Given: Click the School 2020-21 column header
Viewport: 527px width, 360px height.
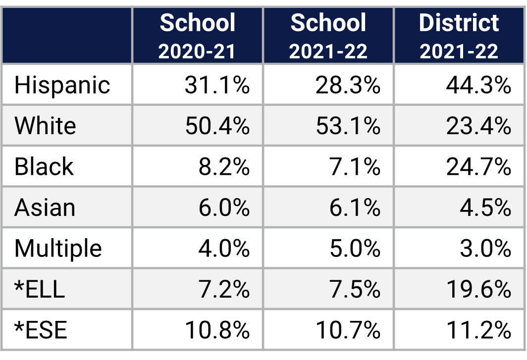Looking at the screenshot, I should (x=197, y=36).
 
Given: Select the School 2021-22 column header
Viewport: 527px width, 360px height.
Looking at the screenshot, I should (x=328, y=36).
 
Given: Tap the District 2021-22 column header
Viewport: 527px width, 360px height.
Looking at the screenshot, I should (x=459, y=36).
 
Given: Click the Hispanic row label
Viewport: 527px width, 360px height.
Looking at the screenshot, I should (x=62, y=85).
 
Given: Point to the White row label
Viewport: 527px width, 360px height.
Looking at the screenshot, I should (x=45, y=126).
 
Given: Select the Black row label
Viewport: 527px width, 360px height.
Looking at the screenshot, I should (x=44, y=167).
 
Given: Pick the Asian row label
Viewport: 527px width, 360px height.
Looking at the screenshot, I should (x=45, y=207).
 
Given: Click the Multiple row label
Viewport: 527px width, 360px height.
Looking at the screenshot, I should (x=58, y=248).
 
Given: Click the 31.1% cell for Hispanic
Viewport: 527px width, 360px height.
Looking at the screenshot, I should (x=217, y=85).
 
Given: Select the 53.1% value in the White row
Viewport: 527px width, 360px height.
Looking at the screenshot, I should (x=348, y=126).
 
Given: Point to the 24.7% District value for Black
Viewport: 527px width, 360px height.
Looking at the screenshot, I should (x=478, y=167).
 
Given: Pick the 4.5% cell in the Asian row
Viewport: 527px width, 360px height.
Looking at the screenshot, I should (x=485, y=207).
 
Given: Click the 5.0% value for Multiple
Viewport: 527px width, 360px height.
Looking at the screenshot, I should (x=355, y=248).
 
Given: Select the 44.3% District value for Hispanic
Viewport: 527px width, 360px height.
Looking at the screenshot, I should (x=478, y=85).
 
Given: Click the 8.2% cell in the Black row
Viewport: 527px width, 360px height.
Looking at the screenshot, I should (x=223, y=167).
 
